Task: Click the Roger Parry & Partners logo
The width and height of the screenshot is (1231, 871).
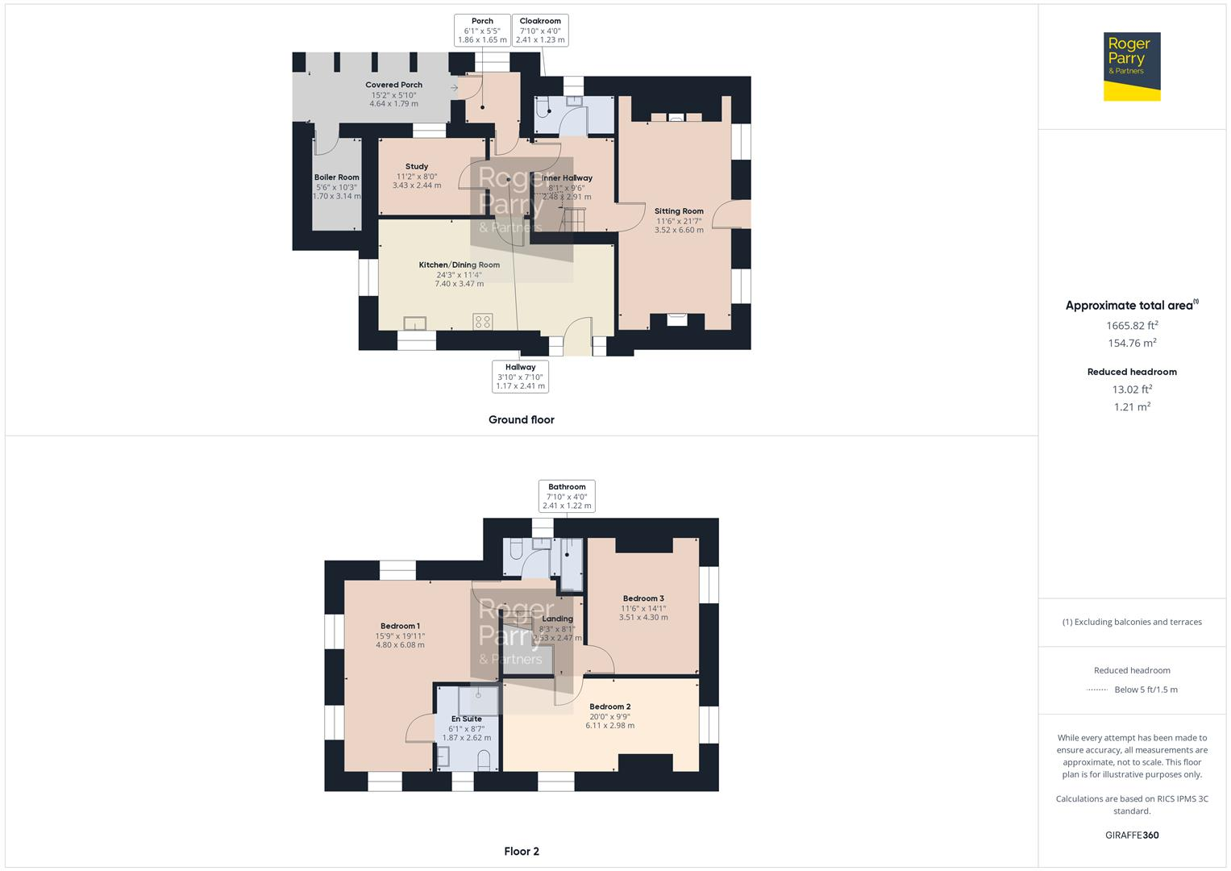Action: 1131,66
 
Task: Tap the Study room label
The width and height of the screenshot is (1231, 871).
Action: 417,167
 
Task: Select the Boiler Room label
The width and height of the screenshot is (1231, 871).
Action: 337,177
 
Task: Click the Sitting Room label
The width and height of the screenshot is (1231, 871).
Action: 679,211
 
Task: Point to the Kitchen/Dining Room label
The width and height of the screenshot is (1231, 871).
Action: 459,265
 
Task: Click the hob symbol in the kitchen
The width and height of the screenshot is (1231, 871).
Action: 483,322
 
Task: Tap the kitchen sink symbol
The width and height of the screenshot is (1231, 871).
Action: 415,323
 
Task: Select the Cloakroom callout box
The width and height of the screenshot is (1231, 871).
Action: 540,31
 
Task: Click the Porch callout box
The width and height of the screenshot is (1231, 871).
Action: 482,31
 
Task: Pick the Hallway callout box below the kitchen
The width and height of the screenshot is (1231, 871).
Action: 520,377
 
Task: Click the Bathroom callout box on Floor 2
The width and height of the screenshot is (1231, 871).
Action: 567,496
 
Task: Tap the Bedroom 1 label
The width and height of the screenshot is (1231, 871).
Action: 400,626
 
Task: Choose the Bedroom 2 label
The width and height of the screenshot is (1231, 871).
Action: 609,706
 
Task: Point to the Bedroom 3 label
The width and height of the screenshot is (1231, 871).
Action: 643,598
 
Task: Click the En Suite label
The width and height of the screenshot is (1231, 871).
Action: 466,719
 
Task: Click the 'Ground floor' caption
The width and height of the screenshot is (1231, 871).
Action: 521,419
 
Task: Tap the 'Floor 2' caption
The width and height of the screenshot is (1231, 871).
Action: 522,851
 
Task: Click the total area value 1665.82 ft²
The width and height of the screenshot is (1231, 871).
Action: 1132,326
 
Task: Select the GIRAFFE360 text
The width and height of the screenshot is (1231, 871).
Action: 1132,835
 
